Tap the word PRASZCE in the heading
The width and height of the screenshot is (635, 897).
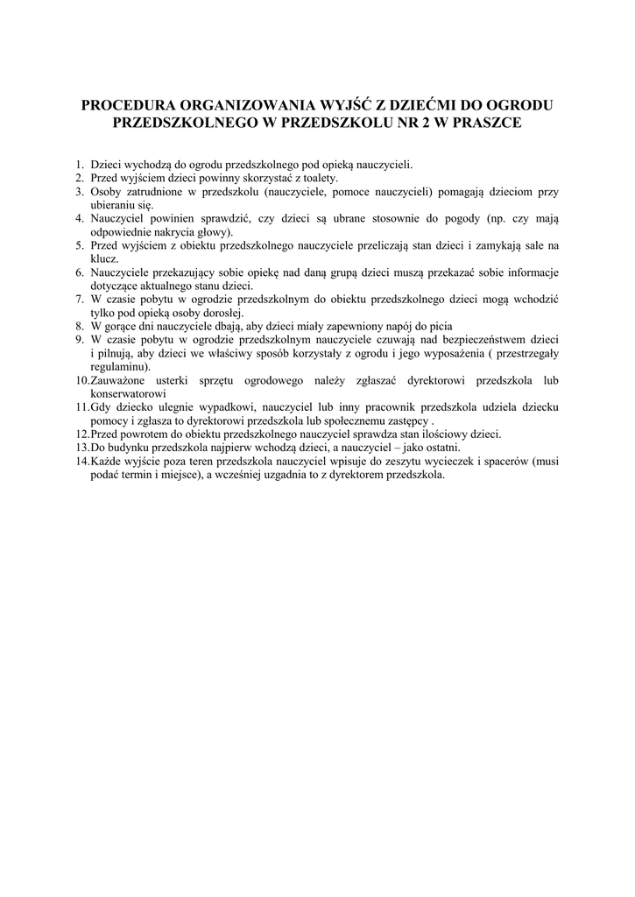pos(487,124)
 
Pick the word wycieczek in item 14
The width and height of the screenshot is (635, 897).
pos(473,461)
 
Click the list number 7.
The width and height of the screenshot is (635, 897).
pos(79,300)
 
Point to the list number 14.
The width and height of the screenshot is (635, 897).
pos(81,461)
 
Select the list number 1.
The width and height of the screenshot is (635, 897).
pos(79,164)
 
